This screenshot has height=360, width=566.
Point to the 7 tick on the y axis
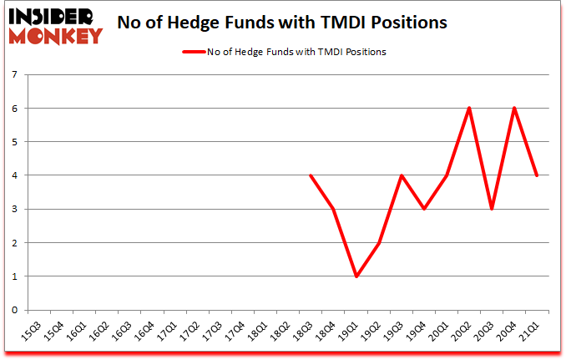coord(15,74)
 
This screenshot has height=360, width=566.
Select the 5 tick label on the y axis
coord(15,142)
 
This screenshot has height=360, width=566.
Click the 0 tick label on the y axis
coord(15,310)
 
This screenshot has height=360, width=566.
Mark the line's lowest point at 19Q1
coord(356,276)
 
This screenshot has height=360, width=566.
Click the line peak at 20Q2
coord(469,108)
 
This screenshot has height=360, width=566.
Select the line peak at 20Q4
coord(514,108)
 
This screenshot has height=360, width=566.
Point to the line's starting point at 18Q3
coord(311,175)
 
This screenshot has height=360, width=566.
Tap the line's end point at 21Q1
coord(537,175)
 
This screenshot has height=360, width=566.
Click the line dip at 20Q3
coord(492,209)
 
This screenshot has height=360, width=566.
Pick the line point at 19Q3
coord(401,175)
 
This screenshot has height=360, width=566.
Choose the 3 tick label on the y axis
coord(15,209)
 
